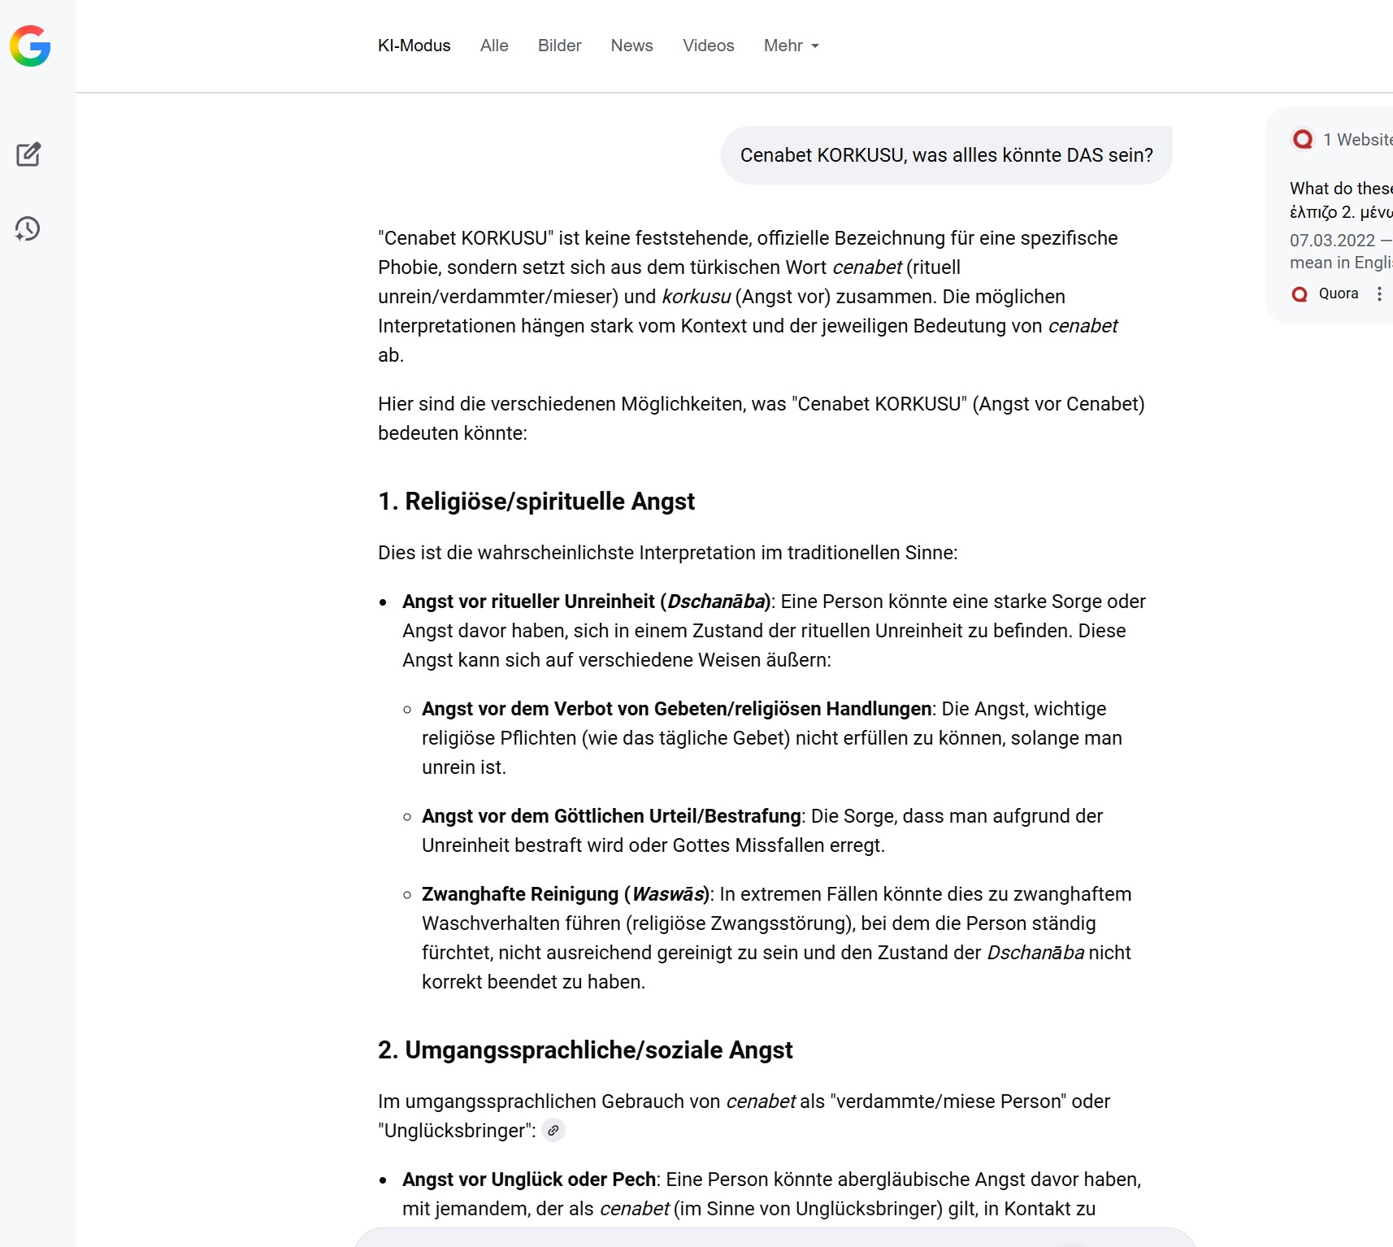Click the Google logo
pyautogui.click(x=30, y=46)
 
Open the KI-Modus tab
pyautogui.click(x=414, y=46)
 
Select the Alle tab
pyautogui.click(x=494, y=46)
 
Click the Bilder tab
pyautogui.click(x=559, y=46)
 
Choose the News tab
pyautogui.click(x=631, y=46)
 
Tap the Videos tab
pyautogui.click(x=708, y=46)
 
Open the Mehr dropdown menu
pyautogui.click(x=791, y=46)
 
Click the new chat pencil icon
pyautogui.click(x=28, y=154)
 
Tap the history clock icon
pyautogui.click(x=28, y=228)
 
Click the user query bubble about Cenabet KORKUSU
pyautogui.click(x=946, y=155)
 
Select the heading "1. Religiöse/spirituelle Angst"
pyautogui.click(x=536, y=502)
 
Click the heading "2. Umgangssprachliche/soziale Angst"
pyautogui.click(x=585, y=1050)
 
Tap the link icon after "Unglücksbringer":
pyautogui.click(x=553, y=1131)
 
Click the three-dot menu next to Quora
pyautogui.click(x=1379, y=294)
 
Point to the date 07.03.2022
pyautogui.click(x=1332, y=241)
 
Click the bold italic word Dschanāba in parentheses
pyautogui.click(x=716, y=602)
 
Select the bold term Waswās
pyautogui.click(x=668, y=894)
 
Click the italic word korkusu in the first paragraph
pyautogui.click(x=696, y=297)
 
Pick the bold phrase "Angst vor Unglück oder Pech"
pyautogui.click(x=529, y=1180)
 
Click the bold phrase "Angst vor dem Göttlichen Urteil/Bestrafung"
pyautogui.click(x=611, y=816)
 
